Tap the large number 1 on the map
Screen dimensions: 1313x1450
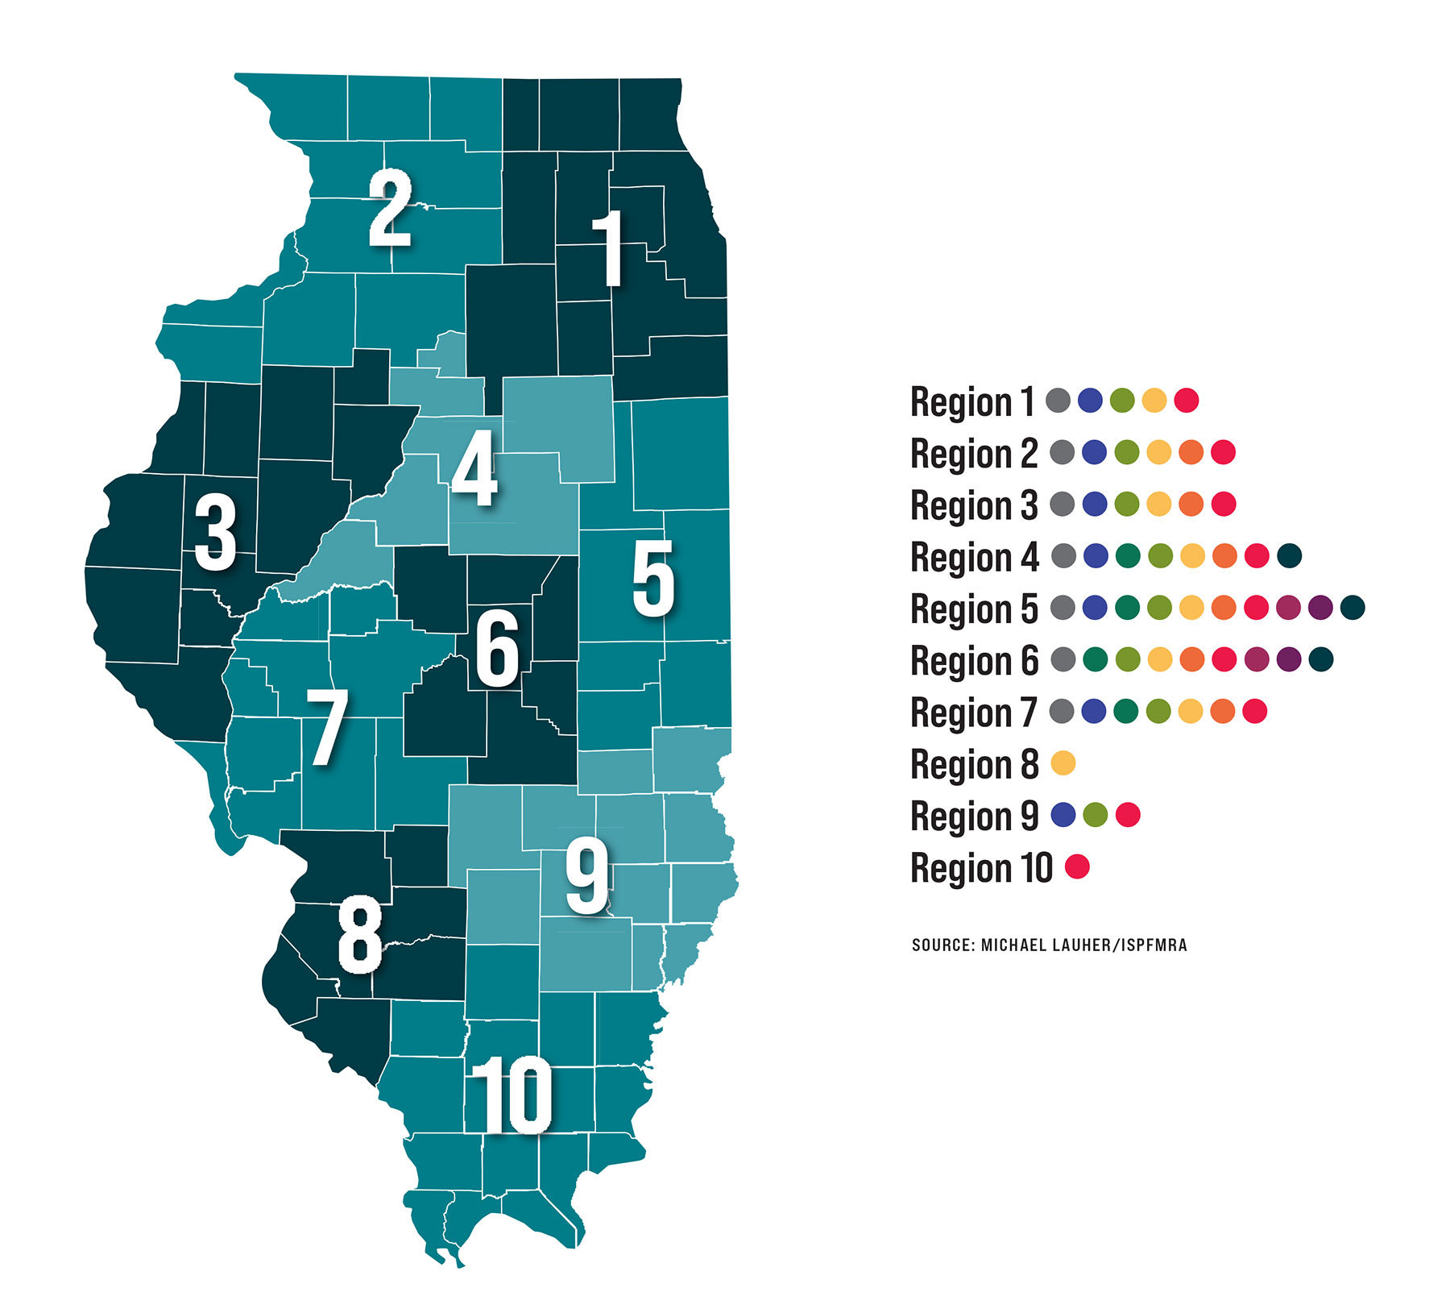(610, 248)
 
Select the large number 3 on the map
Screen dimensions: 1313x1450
(215, 533)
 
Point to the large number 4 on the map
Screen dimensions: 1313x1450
(474, 468)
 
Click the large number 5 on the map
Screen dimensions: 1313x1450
(652, 578)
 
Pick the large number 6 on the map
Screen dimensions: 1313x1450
(497, 649)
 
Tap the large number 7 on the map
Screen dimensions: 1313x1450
(328, 728)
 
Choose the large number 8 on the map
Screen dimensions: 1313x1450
(359, 935)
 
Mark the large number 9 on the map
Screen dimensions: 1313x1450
(587, 876)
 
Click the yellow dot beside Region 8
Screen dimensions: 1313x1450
(1063, 762)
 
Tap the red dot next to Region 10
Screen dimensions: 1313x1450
(1077, 866)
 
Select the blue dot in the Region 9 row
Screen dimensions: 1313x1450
(1063, 815)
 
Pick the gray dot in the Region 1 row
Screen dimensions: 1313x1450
(1058, 400)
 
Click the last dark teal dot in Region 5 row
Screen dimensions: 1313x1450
(1353, 608)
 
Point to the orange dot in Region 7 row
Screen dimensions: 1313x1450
(1223, 711)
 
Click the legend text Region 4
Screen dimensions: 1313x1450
(975, 557)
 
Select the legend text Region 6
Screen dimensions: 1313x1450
(975, 661)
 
